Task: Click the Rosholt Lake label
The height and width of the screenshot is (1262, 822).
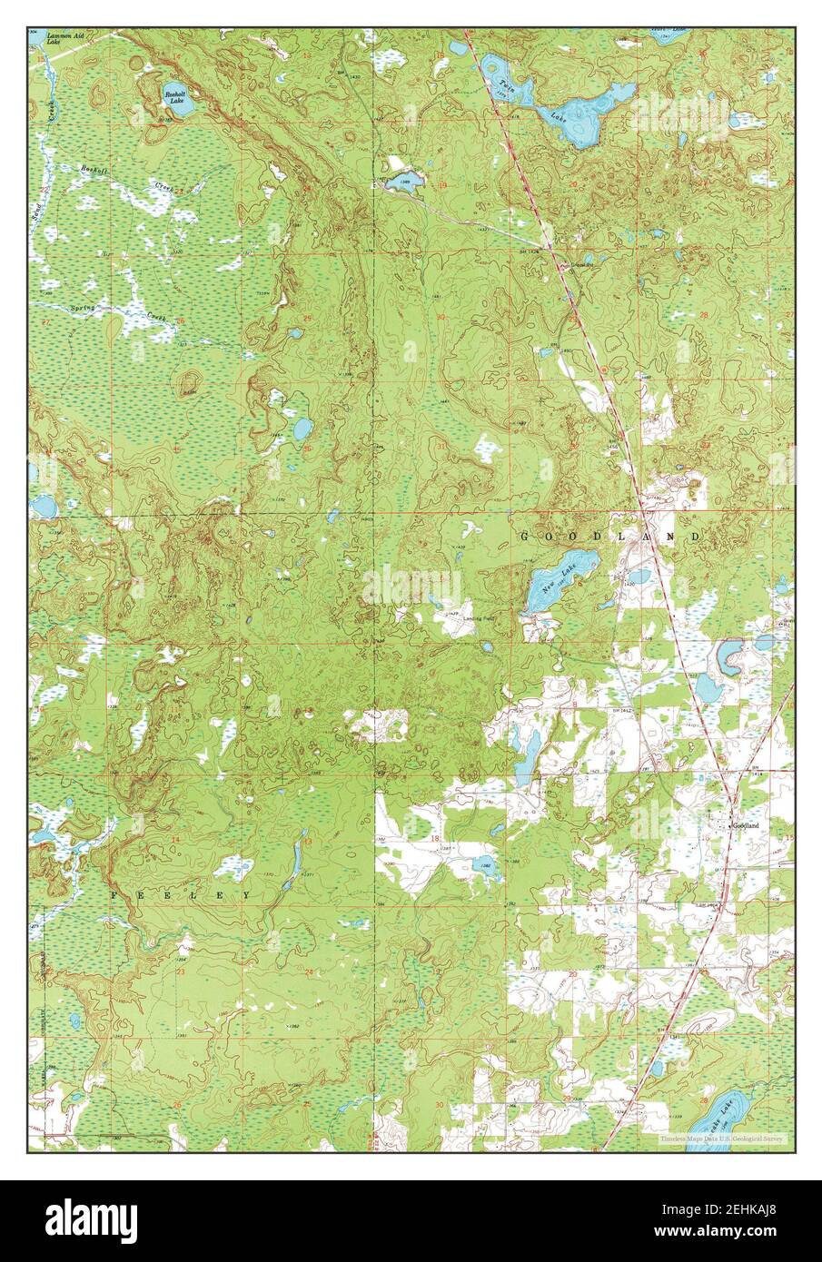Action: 175,97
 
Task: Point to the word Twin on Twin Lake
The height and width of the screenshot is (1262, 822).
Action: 506,87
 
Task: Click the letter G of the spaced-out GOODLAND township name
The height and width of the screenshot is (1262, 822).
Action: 524,537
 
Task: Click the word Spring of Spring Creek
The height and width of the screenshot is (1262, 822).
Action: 83,308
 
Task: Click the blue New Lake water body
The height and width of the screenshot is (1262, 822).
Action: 542,590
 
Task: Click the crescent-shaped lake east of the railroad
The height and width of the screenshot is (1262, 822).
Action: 728,657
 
